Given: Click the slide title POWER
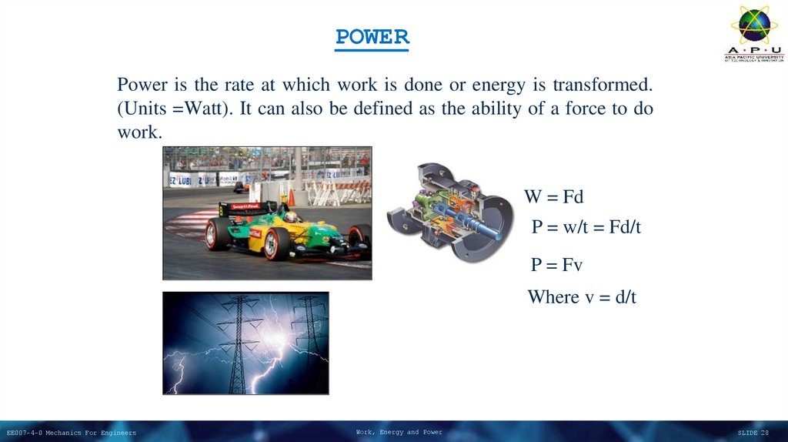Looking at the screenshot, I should pyautogui.click(x=372, y=37).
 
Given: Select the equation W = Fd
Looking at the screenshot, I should pyautogui.click(x=554, y=196).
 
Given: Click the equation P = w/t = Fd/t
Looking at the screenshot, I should pyautogui.click(x=586, y=227).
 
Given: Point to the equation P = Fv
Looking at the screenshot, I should pyautogui.click(x=556, y=265).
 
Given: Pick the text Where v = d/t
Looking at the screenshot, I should pyautogui.click(x=582, y=296).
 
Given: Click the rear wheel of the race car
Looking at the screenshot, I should pyautogui.click(x=219, y=234).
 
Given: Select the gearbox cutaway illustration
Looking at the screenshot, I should pyautogui.click(x=449, y=213).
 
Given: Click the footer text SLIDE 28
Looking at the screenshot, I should pyautogui.click(x=753, y=433).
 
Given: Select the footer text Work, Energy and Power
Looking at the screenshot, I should pyautogui.click(x=399, y=432).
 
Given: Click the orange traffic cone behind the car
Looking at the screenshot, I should pyautogui.click(x=291, y=198).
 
